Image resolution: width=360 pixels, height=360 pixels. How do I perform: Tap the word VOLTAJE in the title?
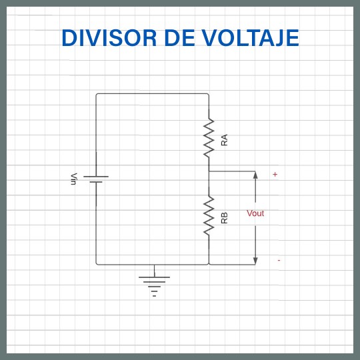click(x=249, y=38)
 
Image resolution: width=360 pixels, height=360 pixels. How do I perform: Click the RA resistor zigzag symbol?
click(x=209, y=138)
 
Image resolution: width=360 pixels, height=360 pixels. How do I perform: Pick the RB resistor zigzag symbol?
click(x=209, y=215)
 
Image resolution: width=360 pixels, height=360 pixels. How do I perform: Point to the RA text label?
click(x=224, y=140)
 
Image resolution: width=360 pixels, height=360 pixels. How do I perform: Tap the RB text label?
click(x=224, y=217)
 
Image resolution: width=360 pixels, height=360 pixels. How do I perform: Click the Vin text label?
click(x=74, y=179)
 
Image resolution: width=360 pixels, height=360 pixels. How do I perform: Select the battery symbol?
click(x=96, y=179)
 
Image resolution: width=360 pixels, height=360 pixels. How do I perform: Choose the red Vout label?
click(x=255, y=213)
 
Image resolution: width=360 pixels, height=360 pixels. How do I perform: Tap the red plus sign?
click(x=275, y=175)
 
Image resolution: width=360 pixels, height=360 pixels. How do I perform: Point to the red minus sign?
click(x=279, y=260)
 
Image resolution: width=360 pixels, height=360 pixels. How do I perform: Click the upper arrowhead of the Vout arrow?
click(x=255, y=175)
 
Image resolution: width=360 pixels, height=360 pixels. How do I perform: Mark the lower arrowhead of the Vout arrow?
click(x=255, y=261)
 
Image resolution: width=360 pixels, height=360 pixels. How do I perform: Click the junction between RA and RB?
click(x=209, y=171)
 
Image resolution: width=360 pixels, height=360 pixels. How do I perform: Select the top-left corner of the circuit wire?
click(x=96, y=94)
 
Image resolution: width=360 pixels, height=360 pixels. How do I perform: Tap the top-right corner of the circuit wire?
click(x=209, y=94)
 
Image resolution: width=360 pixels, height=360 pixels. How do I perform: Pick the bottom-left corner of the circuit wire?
click(x=96, y=265)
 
